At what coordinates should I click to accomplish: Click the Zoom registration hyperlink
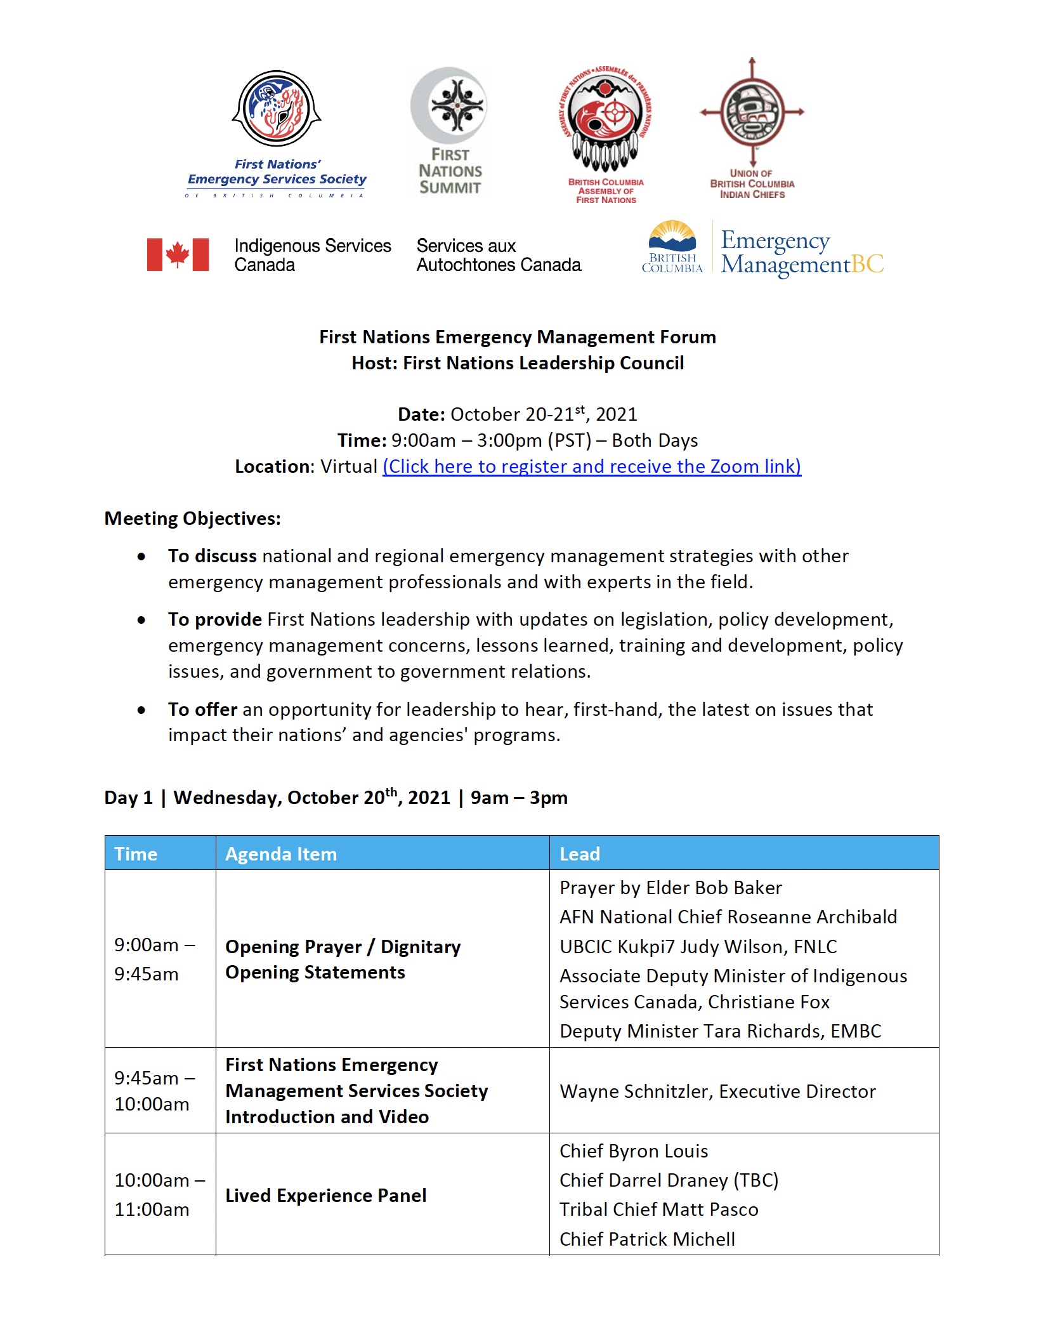(x=591, y=466)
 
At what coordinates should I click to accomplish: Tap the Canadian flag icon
(x=178, y=254)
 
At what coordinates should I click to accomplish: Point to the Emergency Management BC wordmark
(x=802, y=252)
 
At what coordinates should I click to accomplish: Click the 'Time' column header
(x=136, y=854)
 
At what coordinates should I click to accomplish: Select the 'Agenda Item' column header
(x=281, y=854)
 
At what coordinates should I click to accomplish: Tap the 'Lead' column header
(x=580, y=854)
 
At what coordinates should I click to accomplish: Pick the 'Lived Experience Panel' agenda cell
(x=325, y=1196)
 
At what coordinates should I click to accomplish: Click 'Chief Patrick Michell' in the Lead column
(x=647, y=1239)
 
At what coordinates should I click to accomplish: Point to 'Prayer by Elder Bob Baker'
(x=670, y=888)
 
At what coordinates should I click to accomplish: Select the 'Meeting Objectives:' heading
(x=192, y=518)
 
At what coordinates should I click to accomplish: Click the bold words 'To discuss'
(x=212, y=556)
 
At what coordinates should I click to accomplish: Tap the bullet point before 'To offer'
(x=141, y=709)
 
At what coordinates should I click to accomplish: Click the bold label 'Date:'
(x=421, y=414)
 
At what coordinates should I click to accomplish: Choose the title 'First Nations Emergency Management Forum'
(x=518, y=337)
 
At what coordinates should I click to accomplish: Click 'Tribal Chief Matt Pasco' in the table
(x=658, y=1210)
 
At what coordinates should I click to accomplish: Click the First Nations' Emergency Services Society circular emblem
(x=277, y=109)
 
